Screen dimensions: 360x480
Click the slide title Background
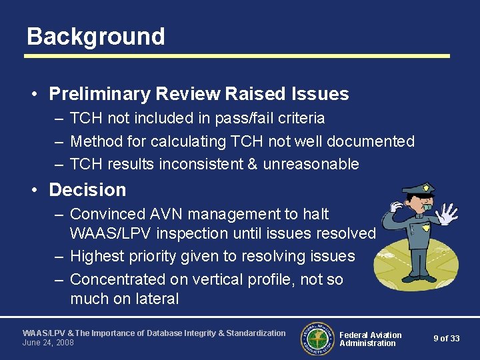(x=96, y=36)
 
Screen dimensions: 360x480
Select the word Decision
(x=87, y=190)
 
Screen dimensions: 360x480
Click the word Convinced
(x=109, y=214)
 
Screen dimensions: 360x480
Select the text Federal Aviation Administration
(x=370, y=339)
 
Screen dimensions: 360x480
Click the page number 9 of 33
(x=446, y=339)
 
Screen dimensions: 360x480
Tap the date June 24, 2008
(x=48, y=343)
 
